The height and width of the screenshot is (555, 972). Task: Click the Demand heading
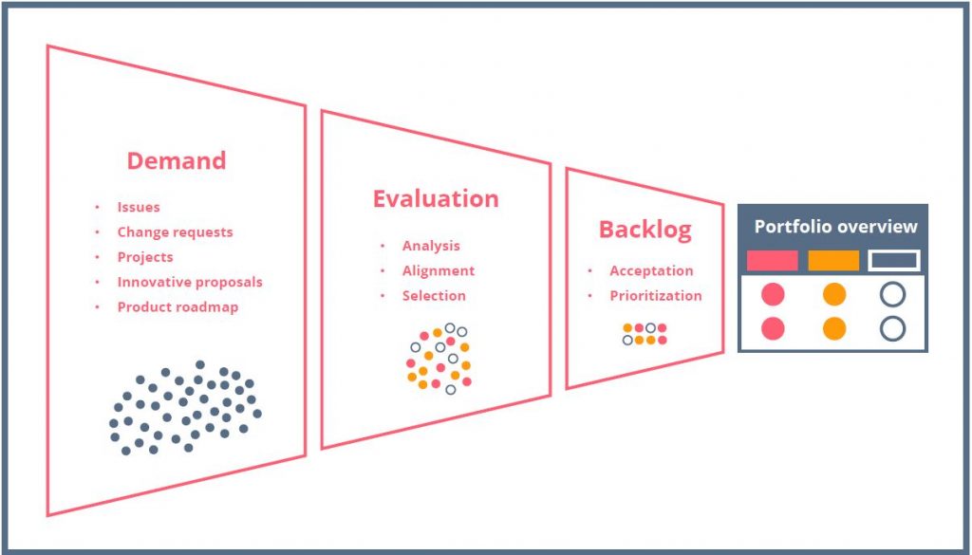[177, 160]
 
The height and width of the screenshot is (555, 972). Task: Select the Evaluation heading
[436, 198]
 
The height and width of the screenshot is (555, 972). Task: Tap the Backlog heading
[645, 230]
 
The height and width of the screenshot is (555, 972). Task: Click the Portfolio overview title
[835, 226]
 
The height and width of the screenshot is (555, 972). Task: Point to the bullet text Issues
[139, 207]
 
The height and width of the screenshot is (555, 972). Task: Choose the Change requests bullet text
[175, 232]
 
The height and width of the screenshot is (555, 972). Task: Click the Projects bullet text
[145, 257]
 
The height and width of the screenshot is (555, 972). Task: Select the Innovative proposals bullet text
[190, 282]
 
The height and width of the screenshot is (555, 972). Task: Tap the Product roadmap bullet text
[178, 306]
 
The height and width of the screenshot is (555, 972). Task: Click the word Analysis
[431, 246]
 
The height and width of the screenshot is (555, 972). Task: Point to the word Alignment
[439, 270]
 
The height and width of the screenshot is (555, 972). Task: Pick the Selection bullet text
[433, 295]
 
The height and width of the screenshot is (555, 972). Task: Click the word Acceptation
[651, 270]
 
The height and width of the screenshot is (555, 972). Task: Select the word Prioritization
[656, 295]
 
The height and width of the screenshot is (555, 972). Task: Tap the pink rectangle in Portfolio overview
[773, 260]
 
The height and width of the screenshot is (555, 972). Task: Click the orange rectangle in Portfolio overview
[833, 260]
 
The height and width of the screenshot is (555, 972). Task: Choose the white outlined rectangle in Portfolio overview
[894, 260]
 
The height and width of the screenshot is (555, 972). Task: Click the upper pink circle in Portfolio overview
[773, 294]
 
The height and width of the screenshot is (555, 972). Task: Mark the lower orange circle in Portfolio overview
[834, 328]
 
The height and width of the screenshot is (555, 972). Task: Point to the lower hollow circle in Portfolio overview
[892, 328]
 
